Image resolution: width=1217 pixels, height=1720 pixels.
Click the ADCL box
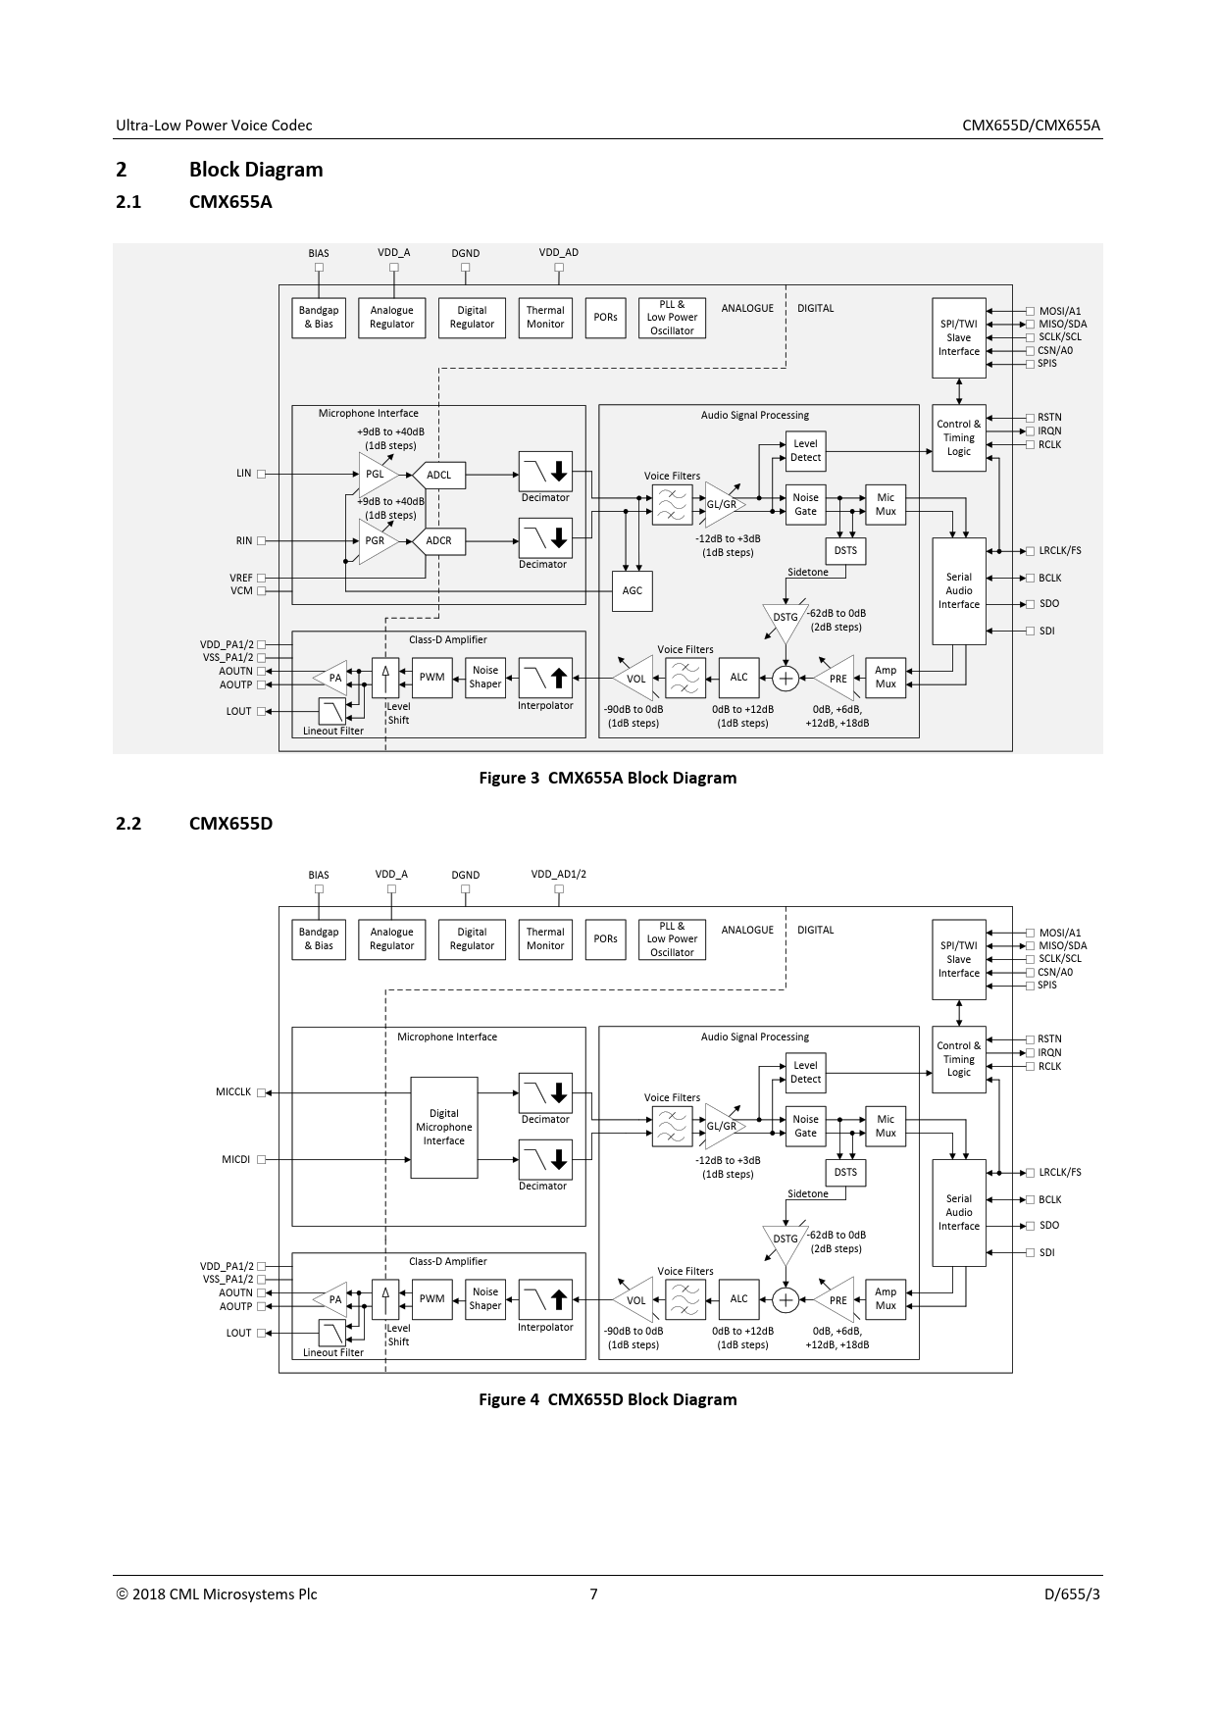click(438, 476)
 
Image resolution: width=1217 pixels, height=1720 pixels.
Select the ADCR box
click(438, 541)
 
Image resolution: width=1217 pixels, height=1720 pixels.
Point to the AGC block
click(633, 590)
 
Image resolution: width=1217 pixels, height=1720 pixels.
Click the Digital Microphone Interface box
click(444, 1128)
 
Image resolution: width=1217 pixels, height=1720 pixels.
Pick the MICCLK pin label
click(233, 1092)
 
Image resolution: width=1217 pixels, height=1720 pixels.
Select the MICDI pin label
click(235, 1159)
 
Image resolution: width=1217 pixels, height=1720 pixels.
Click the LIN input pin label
click(244, 474)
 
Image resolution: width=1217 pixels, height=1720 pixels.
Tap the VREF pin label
click(241, 579)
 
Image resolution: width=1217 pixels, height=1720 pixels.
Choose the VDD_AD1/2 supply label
click(559, 874)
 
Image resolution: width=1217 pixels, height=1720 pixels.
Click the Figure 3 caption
click(607, 778)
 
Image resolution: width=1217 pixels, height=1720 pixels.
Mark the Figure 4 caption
click(607, 1399)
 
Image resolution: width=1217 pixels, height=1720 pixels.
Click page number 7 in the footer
click(593, 1594)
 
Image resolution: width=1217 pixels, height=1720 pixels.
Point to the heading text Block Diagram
click(256, 170)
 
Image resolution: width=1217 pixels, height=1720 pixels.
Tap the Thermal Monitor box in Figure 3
click(545, 318)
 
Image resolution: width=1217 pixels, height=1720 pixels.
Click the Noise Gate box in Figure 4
click(805, 1126)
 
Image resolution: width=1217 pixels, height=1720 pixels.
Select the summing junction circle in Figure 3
click(786, 678)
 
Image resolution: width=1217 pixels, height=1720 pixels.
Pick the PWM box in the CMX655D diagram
click(432, 1299)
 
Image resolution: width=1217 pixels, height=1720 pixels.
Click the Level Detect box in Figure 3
click(805, 451)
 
